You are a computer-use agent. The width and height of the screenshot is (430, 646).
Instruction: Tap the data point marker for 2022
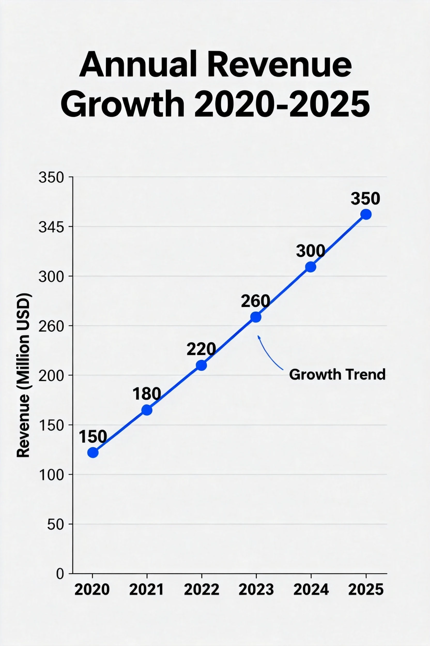[x=202, y=365]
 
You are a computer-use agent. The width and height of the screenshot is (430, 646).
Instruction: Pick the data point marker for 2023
[x=256, y=317]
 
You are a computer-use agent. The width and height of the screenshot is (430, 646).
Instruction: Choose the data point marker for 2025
[x=366, y=214]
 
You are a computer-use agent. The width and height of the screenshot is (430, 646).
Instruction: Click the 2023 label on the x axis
[x=256, y=589]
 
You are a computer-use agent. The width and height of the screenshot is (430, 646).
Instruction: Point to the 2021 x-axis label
[x=147, y=589]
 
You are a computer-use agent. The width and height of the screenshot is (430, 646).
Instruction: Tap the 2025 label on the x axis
[x=366, y=589]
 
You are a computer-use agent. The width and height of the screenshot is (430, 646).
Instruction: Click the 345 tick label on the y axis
[x=51, y=227]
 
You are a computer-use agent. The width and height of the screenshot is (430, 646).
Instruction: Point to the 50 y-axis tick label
[x=56, y=525]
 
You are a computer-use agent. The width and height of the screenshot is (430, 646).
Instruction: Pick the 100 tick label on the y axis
[x=51, y=475]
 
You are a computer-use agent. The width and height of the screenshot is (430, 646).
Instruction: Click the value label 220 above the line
[x=201, y=349]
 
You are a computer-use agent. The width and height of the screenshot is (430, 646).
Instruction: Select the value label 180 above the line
[x=147, y=394]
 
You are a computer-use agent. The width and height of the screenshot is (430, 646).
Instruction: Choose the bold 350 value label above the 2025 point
[x=365, y=198]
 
